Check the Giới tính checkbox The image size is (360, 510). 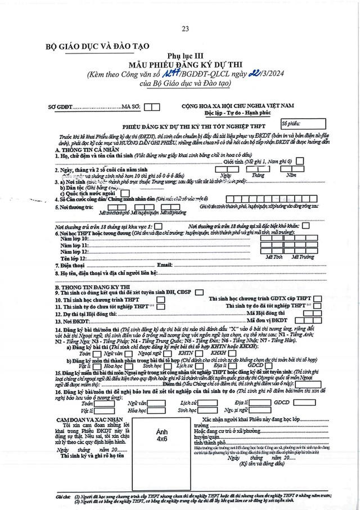300,162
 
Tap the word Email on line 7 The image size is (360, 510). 164,264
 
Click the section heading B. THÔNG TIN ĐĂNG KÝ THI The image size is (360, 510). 90,287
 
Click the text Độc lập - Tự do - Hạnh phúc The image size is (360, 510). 250,113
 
